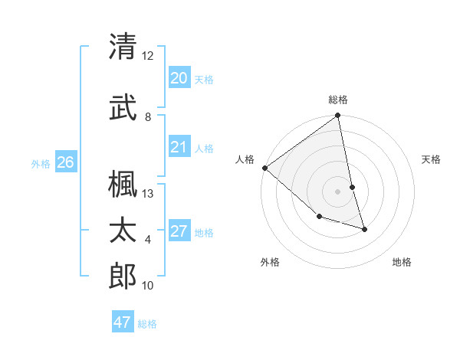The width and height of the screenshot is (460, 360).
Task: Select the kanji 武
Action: (x=123, y=107)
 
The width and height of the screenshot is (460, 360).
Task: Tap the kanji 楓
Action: (x=123, y=184)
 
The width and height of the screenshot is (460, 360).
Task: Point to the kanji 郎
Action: (x=123, y=276)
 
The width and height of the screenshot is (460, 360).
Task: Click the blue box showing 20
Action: (x=179, y=78)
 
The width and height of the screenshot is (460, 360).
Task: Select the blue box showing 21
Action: (x=179, y=147)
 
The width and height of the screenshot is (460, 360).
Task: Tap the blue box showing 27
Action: (x=179, y=231)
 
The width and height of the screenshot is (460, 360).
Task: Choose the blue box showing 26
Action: (x=65, y=162)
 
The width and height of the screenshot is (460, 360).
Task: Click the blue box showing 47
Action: (x=122, y=322)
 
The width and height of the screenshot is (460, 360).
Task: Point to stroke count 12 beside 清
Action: (x=148, y=55)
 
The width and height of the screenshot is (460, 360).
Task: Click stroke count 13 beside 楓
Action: (x=148, y=194)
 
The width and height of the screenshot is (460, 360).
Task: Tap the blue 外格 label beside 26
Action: (x=41, y=163)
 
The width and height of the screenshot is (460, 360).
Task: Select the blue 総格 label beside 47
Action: (x=147, y=324)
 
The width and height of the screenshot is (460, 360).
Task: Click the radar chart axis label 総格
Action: (x=338, y=100)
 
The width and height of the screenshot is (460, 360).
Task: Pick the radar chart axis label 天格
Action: (x=431, y=159)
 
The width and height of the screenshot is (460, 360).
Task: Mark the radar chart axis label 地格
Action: (x=402, y=262)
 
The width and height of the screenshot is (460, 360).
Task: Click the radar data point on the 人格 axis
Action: (x=264, y=168)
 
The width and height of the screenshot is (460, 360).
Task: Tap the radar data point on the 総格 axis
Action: (x=338, y=116)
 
